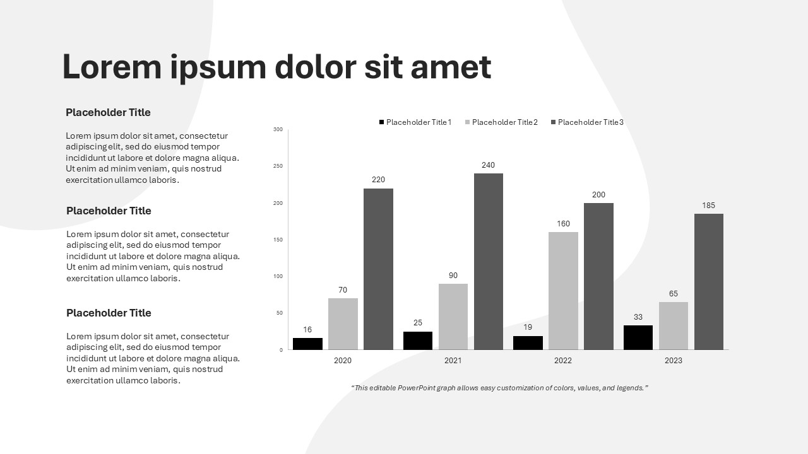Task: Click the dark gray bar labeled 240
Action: click(489, 262)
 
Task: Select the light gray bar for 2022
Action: click(563, 291)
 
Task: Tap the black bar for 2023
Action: click(638, 337)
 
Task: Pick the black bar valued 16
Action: click(307, 344)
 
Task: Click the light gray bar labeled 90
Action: click(453, 317)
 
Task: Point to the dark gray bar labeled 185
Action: click(708, 282)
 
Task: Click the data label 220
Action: click(378, 180)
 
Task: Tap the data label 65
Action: click(673, 294)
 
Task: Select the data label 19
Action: click(528, 327)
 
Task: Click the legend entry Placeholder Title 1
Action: click(415, 122)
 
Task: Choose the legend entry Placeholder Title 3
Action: click(587, 122)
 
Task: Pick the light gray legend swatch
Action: click(468, 122)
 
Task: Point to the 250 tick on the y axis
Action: click(278, 166)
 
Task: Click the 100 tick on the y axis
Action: click(278, 276)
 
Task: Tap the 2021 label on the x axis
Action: click(453, 361)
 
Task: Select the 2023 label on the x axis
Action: click(673, 361)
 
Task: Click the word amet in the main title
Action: click(451, 67)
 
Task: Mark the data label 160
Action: click(563, 224)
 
